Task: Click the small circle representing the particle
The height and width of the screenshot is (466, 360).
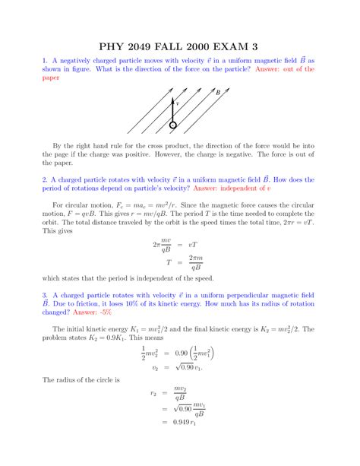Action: [x=173, y=125]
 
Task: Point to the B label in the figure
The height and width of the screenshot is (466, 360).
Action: [x=218, y=93]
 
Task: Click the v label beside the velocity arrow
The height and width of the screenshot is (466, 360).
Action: [x=178, y=103]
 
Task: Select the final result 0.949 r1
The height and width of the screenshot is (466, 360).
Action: [x=185, y=444]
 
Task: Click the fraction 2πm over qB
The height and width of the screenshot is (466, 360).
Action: [x=195, y=263]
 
